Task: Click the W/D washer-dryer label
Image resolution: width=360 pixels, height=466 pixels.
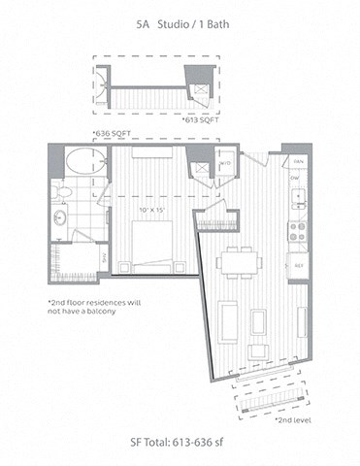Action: click(x=225, y=163)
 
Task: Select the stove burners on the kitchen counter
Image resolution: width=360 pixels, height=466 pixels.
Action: click(x=298, y=231)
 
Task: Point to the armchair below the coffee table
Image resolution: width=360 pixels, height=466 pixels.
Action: click(x=257, y=350)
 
